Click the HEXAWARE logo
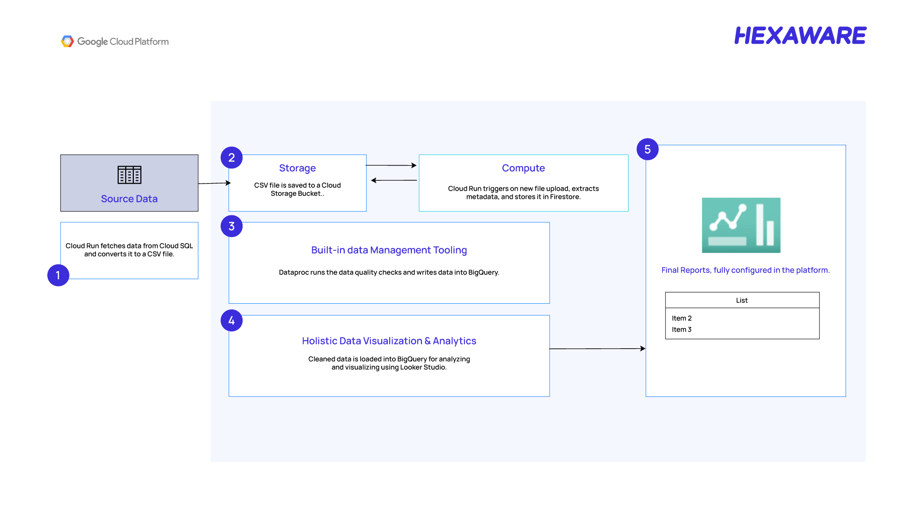800,35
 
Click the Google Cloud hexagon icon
68,42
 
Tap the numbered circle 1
58,275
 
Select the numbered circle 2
232,158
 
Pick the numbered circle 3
232,226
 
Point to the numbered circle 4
232,321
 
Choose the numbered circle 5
648,150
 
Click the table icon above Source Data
130,175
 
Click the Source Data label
129,199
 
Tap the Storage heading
297,168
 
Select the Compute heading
524,168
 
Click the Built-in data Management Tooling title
389,250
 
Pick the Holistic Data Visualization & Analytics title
389,341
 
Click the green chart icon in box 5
741,225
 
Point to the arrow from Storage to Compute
392,165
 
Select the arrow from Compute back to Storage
394,180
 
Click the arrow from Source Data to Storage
215,183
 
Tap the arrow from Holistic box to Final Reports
597,349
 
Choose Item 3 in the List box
681,329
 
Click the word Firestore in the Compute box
565,197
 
